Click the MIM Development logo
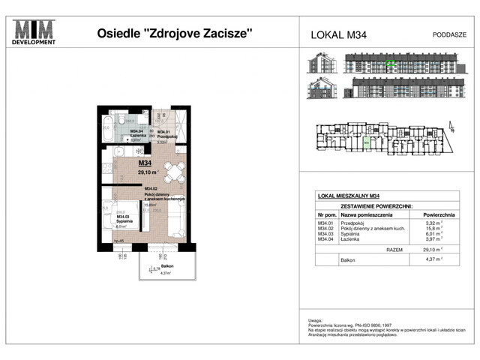point(34,32)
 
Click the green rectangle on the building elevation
point(389,64)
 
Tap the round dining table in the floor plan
point(175,173)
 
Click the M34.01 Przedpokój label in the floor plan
point(166,135)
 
